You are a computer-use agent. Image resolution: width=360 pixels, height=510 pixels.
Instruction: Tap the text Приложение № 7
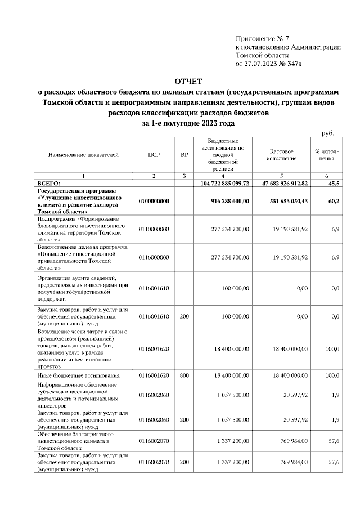tap(262, 38)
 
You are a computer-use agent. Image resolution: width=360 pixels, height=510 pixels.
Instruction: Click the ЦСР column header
tap(154, 154)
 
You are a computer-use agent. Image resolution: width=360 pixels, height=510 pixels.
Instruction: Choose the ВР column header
tap(184, 154)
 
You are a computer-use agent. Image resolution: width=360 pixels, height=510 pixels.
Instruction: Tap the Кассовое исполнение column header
tap(282, 154)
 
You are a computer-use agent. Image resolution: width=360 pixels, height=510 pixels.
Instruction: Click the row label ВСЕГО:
tap(48, 184)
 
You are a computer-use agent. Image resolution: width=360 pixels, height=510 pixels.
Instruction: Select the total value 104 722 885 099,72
tap(224, 184)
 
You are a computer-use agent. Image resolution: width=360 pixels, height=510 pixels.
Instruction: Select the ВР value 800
tap(184, 374)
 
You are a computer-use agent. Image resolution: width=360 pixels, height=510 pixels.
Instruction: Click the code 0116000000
tap(154, 257)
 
